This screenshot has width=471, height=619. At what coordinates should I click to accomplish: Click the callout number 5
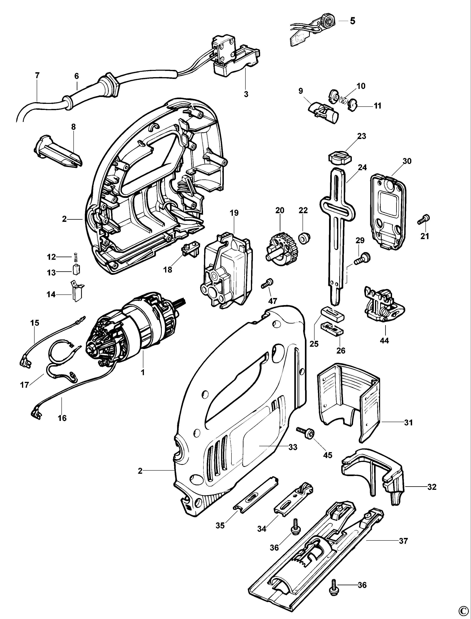352,21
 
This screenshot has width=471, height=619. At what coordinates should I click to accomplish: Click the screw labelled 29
363,258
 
